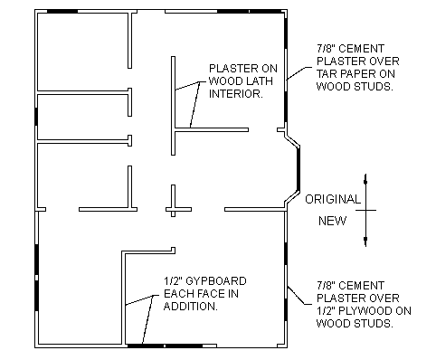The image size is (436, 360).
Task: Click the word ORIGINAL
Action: coord(333,199)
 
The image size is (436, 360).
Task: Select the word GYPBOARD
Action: coord(215,281)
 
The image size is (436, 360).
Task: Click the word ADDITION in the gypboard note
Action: coord(190,307)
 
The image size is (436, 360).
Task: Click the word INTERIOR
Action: coord(236,94)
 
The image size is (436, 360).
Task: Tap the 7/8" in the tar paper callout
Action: coord(325,49)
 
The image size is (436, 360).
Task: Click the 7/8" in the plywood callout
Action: coord(325,286)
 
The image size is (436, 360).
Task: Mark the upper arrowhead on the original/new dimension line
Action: coord(365,181)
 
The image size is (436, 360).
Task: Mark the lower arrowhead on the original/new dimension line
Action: coord(365,240)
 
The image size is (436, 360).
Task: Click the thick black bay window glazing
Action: coord(299,169)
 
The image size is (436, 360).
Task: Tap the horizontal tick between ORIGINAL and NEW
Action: coord(365,210)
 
